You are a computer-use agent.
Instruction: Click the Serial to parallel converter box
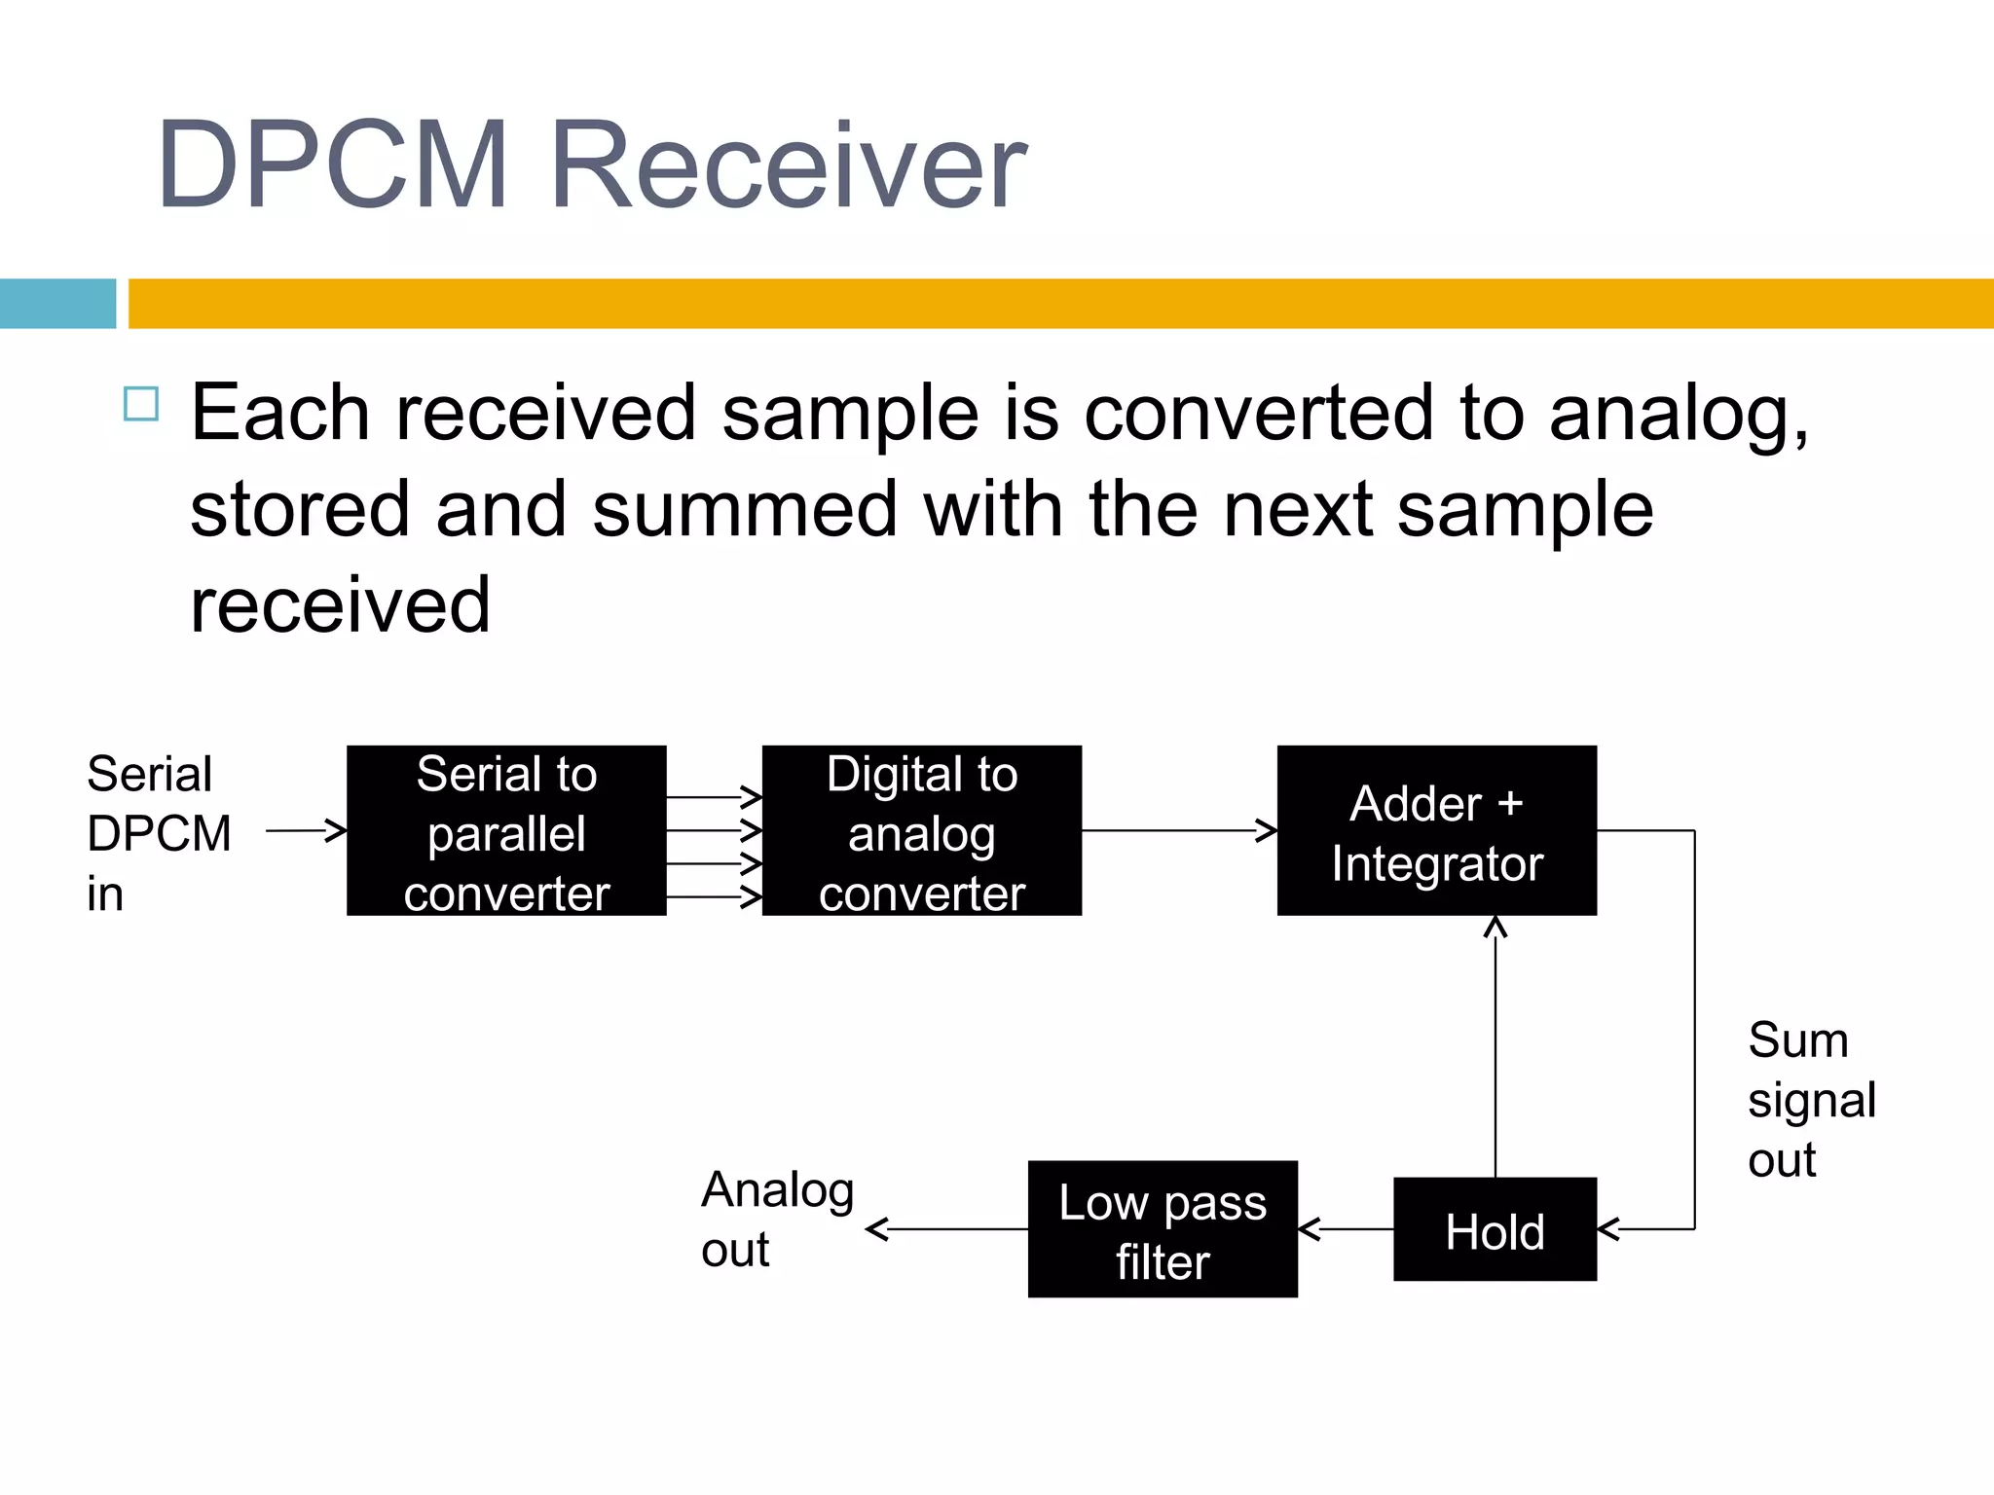(506, 830)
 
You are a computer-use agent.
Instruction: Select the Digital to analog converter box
(921, 830)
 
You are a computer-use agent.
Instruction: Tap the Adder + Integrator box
(1436, 830)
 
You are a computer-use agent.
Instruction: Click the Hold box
(1495, 1229)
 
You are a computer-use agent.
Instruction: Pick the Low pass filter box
(1163, 1229)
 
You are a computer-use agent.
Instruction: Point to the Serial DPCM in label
(158, 833)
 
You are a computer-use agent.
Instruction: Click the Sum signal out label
(1809, 1099)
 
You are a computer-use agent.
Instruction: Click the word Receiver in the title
(787, 165)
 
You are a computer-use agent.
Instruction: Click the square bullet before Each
(141, 404)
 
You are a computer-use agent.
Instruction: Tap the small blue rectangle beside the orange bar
(57, 303)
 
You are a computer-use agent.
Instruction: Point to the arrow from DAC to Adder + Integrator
(1178, 830)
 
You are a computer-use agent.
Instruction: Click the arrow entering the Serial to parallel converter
(306, 830)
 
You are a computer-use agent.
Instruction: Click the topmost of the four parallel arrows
(714, 797)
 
